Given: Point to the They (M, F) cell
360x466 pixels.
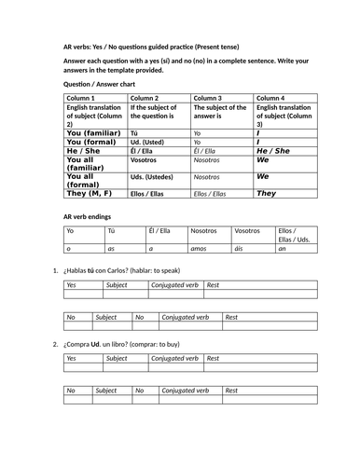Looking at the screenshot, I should (91, 193).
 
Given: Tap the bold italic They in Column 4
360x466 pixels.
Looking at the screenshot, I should (266, 193).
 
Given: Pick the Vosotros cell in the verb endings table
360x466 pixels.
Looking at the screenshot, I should (247, 230).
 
